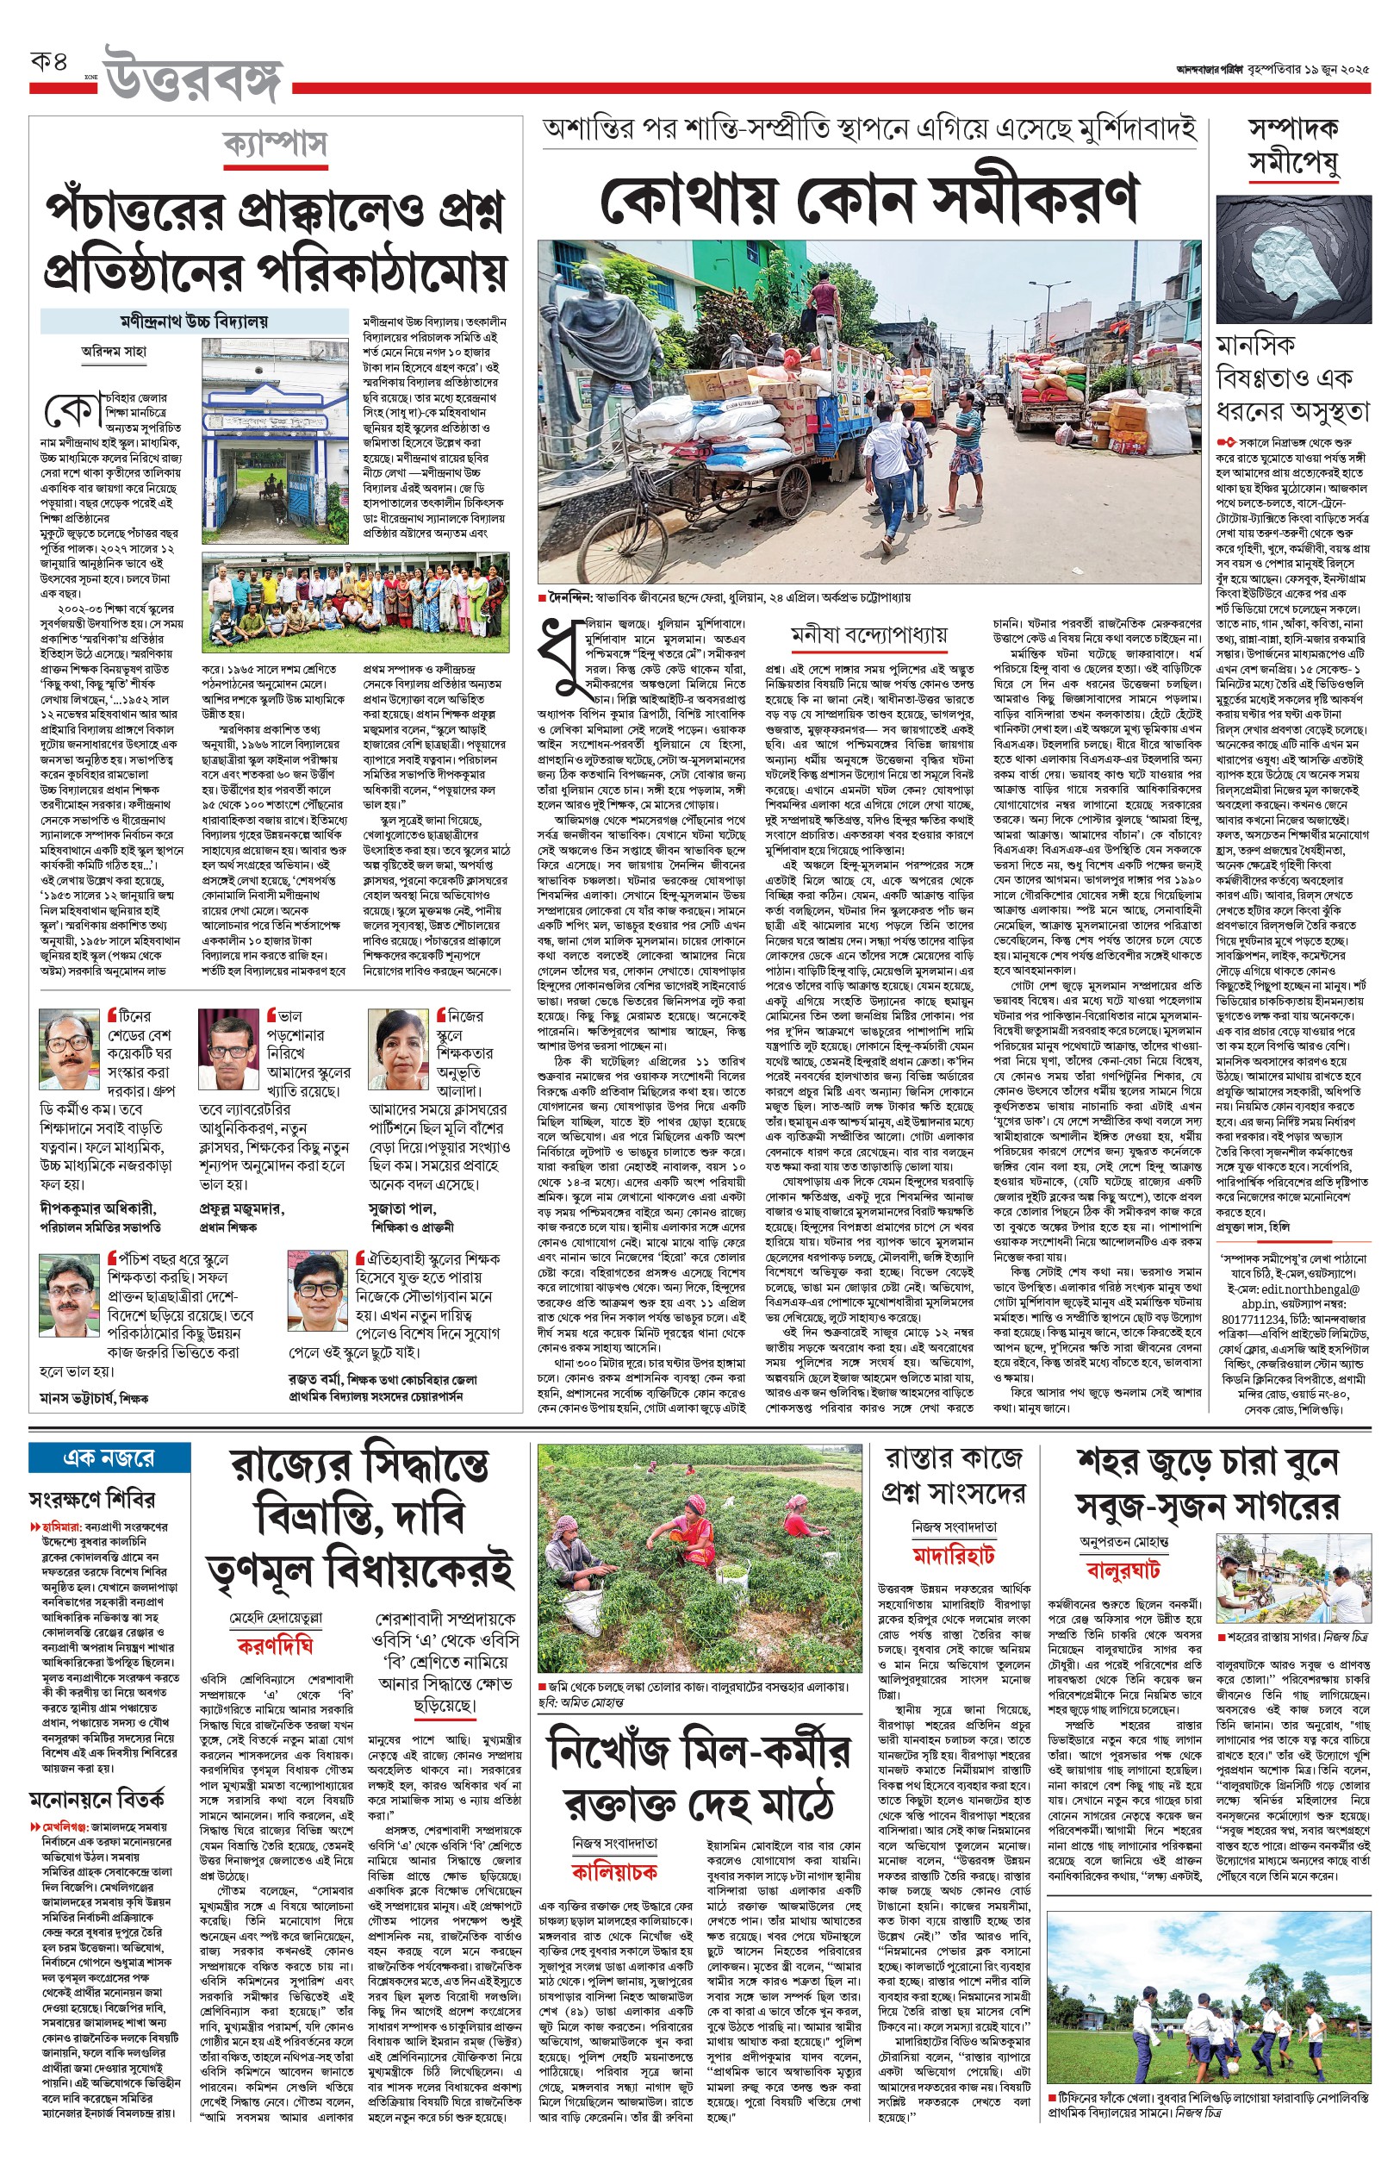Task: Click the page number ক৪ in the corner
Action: pyautogui.click(x=49, y=64)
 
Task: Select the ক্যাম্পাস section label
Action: pyautogui.click(x=276, y=145)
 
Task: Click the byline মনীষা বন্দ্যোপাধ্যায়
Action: pyautogui.click(x=868, y=634)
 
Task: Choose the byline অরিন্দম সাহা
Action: pyautogui.click(x=114, y=352)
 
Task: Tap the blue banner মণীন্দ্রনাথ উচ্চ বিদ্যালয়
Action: pyautogui.click(x=194, y=321)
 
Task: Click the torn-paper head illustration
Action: pyautogui.click(x=1290, y=264)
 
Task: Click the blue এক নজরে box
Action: pyautogui.click(x=109, y=1458)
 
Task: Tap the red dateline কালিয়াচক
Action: pyautogui.click(x=613, y=1872)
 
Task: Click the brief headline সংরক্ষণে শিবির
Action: pyautogui.click(x=92, y=1501)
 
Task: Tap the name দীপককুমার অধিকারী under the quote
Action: pyautogui.click(x=98, y=1208)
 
